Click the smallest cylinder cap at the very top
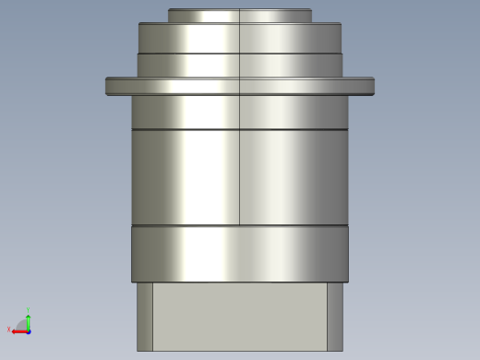click(x=239, y=16)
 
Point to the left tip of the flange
click(x=108, y=86)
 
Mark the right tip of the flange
click(x=372, y=86)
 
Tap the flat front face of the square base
click(x=240, y=317)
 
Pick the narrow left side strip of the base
click(x=145, y=317)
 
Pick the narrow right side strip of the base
click(x=334, y=317)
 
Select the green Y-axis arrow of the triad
click(x=29, y=320)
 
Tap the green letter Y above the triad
click(x=29, y=310)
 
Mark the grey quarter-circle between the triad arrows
click(x=23, y=325)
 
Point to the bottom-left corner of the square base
click(x=138, y=350)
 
